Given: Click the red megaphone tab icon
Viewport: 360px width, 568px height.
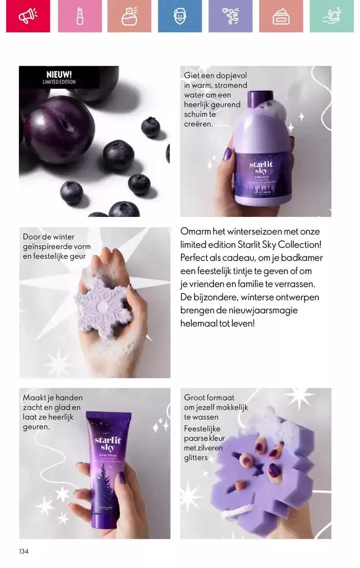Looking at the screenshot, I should [x=28, y=16].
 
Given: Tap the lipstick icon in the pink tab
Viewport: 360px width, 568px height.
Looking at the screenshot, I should [x=80, y=16].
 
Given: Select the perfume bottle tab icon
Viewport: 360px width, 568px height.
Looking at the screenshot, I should [x=130, y=16].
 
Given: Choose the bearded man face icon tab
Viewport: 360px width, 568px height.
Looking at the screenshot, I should [x=179, y=16].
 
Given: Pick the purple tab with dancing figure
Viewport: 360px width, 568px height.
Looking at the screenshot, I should [x=230, y=16].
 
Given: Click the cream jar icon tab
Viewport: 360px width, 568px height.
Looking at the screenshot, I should [x=281, y=16].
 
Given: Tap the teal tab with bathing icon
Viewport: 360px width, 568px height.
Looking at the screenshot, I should [x=332, y=16].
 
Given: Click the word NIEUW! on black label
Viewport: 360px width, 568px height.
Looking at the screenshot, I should [x=59, y=75].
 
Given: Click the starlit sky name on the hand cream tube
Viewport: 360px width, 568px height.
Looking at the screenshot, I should [x=108, y=444].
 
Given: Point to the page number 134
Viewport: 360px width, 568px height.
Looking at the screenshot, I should [x=24, y=552].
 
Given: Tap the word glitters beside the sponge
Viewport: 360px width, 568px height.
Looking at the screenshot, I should [x=196, y=457].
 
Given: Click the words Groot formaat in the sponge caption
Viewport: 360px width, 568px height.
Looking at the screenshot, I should [x=209, y=397].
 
